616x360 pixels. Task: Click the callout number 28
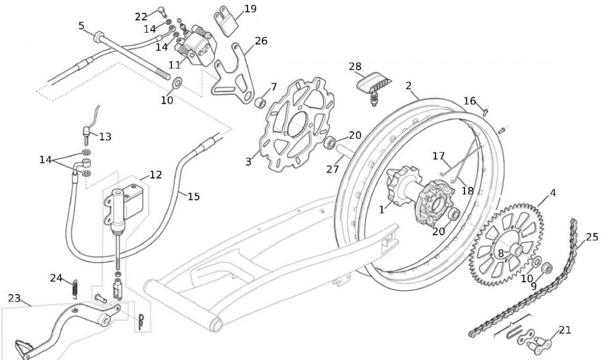coord(355,66)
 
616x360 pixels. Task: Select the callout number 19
coord(250,9)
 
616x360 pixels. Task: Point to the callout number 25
coord(592,237)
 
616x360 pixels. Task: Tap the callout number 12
coord(155,175)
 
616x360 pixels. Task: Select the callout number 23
coord(14,298)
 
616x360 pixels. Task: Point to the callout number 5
coord(81,26)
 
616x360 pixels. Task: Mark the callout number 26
coord(261,41)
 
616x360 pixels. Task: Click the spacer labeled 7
coord(261,100)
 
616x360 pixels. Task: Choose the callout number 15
coord(193,197)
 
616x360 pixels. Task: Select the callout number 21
coord(565,330)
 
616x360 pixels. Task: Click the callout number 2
coord(408,86)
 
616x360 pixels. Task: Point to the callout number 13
coord(105,137)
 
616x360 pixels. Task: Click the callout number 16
coord(470,101)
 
